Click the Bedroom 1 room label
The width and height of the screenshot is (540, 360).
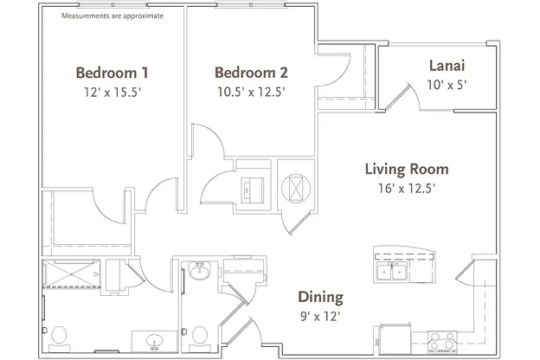(112, 73)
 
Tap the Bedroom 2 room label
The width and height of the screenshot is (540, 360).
(251, 73)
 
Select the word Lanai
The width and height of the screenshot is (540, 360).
(447, 66)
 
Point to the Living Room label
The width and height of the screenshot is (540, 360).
(407, 169)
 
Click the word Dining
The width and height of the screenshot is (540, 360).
(320, 297)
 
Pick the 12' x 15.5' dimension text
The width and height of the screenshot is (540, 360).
(112, 93)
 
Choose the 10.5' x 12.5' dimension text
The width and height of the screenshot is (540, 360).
(251, 92)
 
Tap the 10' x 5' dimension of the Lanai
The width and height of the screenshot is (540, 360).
(447, 85)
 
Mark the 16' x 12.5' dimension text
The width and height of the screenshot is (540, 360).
(407, 188)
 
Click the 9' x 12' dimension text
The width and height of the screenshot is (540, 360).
(320, 316)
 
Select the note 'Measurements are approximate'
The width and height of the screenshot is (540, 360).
(112, 16)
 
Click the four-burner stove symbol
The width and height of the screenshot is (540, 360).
(442, 342)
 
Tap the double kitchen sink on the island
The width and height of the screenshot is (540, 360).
(392, 271)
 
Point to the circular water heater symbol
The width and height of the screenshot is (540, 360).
(296, 188)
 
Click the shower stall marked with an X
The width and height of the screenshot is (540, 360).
(71, 274)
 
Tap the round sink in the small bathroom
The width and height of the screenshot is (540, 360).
(199, 271)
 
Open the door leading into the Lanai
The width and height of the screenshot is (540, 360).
(400, 97)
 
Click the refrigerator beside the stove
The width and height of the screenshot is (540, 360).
(395, 338)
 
